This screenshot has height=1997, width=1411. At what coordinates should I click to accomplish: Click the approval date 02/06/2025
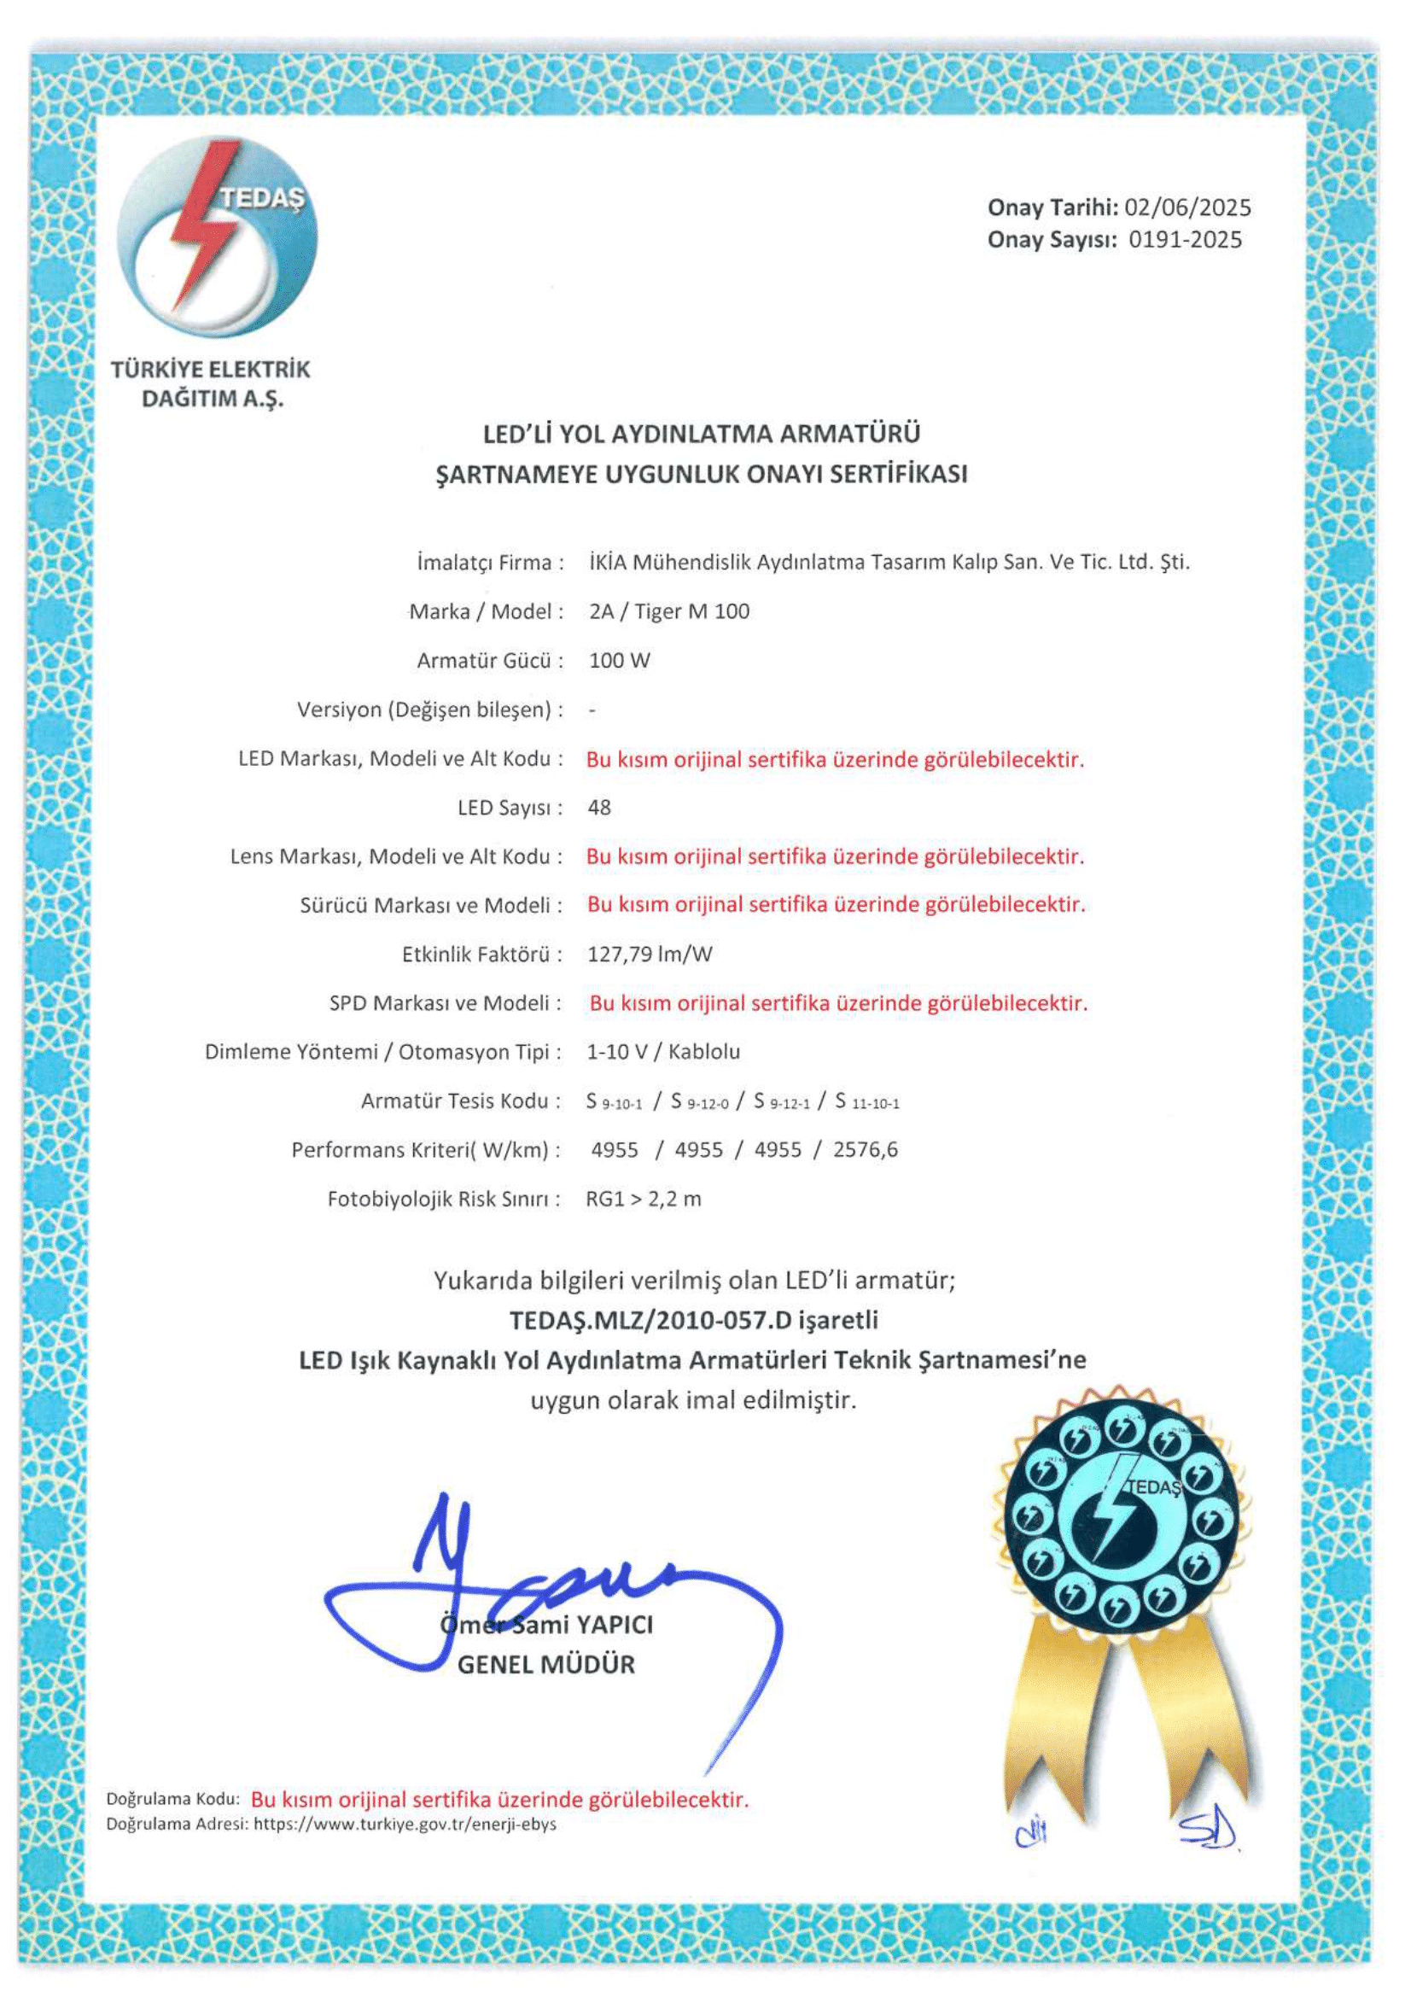pos(1187,207)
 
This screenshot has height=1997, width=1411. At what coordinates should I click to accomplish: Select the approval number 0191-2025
pos(1185,240)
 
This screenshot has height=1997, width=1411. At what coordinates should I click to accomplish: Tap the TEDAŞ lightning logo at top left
pos(218,236)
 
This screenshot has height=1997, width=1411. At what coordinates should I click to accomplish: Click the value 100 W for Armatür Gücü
pos(619,661)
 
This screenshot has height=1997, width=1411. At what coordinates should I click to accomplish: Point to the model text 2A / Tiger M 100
pos(668,612)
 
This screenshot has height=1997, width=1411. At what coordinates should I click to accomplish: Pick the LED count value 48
pos(599,808)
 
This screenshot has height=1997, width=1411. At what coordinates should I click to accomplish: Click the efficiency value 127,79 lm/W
pos(650,955)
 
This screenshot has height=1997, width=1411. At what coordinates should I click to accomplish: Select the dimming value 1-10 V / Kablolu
pos(663,1053)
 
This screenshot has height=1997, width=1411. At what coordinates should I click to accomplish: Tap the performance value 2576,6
pos(865,1151)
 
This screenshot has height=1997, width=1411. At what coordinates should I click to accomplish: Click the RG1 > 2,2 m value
pos(644,1200)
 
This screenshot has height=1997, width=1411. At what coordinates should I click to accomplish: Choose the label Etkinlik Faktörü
pos(475,955)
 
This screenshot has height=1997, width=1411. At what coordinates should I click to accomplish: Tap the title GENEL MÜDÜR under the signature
pos(546,1665)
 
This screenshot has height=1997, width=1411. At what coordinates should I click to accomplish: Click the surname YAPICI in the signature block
pos(614,1625)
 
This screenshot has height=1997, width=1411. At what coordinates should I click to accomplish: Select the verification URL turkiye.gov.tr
pos(405,1825)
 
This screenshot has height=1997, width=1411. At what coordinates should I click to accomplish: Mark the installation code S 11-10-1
pos(866,1103)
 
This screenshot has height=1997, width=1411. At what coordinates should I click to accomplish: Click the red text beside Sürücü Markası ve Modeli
pos(836,905)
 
